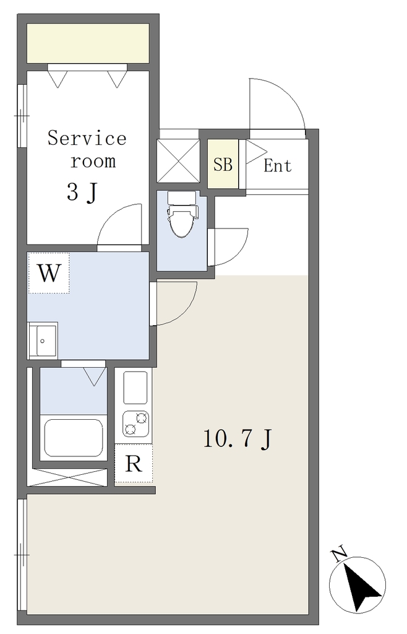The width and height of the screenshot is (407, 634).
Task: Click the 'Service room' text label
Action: [87, 149]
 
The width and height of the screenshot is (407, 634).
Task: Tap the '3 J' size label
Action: [82, 192]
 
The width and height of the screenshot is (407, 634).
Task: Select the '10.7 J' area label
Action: [238, 438]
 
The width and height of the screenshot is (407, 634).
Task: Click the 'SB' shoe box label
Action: [223, 164]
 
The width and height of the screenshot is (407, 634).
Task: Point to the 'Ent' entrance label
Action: [277, 165]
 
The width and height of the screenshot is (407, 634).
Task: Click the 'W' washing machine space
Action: [49, 273]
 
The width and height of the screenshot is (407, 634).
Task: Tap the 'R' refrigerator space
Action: [134, 463]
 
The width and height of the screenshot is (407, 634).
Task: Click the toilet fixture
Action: [182, 214]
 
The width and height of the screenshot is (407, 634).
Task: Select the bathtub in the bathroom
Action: [73, 438]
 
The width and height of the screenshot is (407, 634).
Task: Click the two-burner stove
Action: [135, 423]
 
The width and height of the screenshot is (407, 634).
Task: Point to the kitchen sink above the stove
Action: [135, 388]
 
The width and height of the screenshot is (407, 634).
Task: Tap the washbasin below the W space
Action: [43, 341]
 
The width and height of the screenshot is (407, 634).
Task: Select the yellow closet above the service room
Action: [88, 43]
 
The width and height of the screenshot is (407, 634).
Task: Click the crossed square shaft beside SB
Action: [178, 161]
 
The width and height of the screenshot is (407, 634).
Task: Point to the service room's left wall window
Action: [22, 116]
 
